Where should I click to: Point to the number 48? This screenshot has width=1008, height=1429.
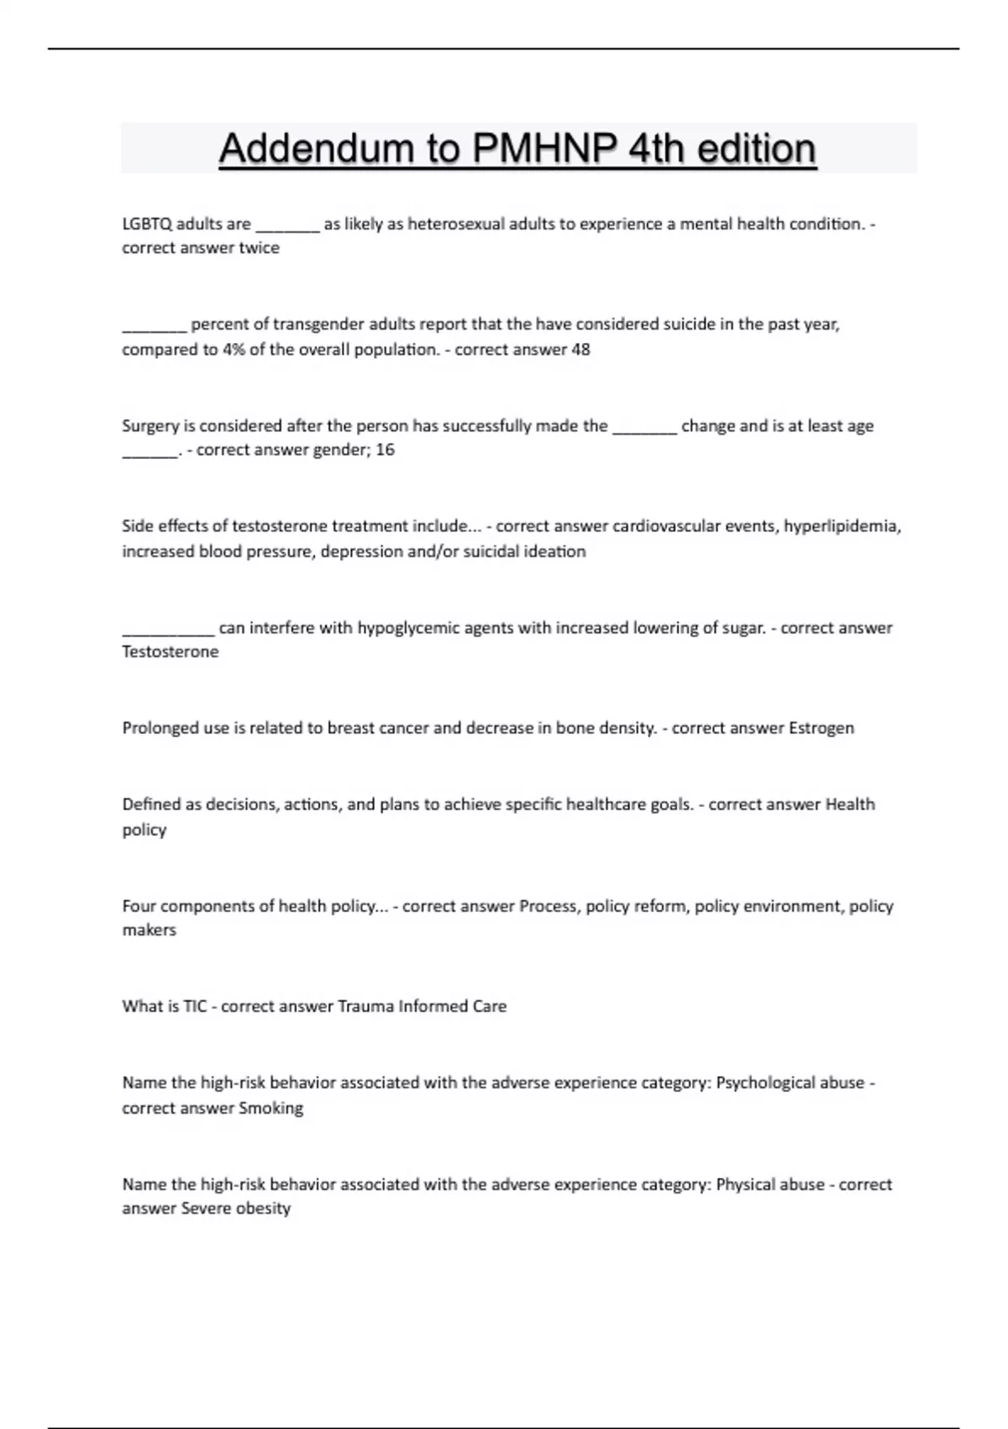[x=580, y=349]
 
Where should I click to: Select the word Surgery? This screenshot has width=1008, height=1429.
[x=150, y=425]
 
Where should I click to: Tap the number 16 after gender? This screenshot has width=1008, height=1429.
[x=385, y=450]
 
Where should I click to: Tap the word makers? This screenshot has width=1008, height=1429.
[x=149, y=930]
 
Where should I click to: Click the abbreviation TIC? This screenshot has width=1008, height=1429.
[x=194, y=1006]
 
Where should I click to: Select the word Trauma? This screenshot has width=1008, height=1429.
[x=365, y=1006]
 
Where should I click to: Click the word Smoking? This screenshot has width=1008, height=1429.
[x=270, y=1108]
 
